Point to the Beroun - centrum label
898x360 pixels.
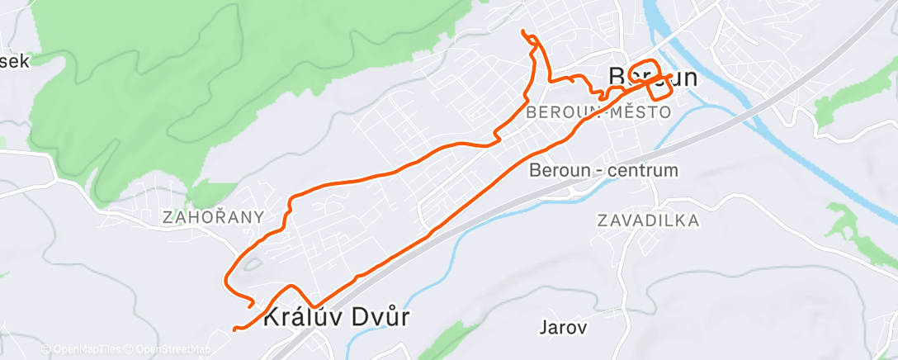(x=603, y=171)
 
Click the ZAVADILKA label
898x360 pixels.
(x=648, y=220)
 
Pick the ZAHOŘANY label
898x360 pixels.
(x=214, y=217)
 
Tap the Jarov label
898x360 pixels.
(x=563, y=327)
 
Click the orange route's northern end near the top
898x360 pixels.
(x=523, y=32)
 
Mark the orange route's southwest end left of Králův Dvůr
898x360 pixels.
(x=235, y=329)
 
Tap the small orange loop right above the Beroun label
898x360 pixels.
(x=644, y=70)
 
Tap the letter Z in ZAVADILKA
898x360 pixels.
(x=601, y=220)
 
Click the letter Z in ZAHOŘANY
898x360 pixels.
(x=168, y=217)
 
